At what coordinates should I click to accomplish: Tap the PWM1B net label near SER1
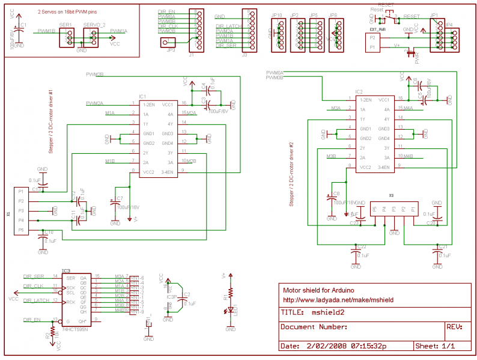tap(46, 30)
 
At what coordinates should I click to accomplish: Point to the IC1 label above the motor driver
tap(142, 96)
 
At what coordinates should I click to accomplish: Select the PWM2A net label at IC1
tap(95, 103)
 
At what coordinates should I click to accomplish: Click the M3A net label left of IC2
tap(336, 108)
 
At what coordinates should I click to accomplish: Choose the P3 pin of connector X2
tap(393, 210)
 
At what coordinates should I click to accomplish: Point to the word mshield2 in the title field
tap(328, 313)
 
